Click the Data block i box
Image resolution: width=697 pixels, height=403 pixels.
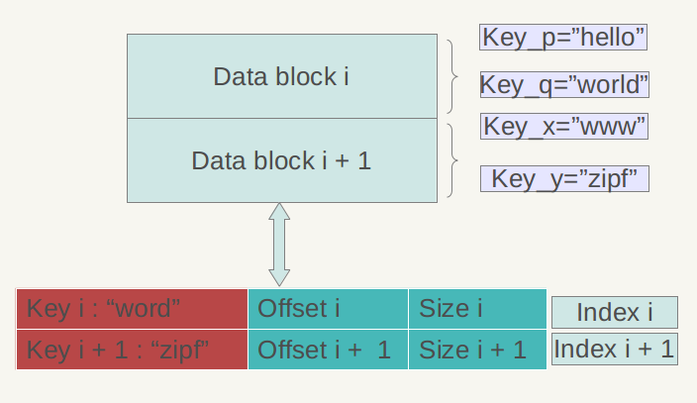[281, 76]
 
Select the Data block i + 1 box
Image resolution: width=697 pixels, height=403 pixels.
[281, 160]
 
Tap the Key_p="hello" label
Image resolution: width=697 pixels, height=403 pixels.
[564, 38]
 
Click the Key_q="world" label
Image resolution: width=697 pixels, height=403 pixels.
[564, 85]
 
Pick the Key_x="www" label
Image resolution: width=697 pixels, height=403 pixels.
[564, 127]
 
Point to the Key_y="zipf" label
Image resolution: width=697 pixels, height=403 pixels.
[564, 179]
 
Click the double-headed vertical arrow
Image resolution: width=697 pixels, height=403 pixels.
[279, 245]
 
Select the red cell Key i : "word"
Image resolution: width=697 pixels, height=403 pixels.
[132, 309]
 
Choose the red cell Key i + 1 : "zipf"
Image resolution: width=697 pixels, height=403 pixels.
[132, 350]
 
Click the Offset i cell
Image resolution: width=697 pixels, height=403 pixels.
[328, 309]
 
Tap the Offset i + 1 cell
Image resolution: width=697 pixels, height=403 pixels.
[328, 350]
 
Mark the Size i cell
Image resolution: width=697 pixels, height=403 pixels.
[477, 309]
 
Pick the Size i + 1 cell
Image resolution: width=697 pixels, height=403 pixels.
[477, 350]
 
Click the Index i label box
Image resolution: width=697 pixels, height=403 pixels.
[614, 313]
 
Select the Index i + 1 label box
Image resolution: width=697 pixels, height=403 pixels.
[614, 349]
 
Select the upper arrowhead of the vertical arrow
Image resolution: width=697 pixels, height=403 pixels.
[279, 212]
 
